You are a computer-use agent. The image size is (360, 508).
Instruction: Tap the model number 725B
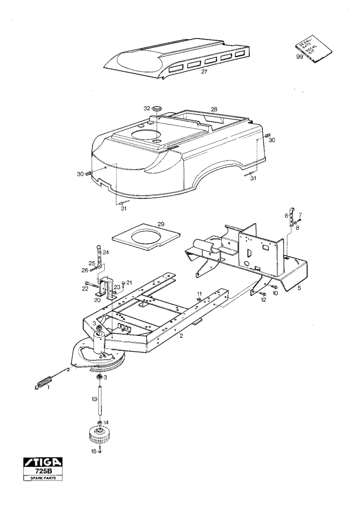(x=43, y=471)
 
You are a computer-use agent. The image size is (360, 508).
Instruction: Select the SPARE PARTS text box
(x=43, y=478)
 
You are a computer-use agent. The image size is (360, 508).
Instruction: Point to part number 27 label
(x=204, y=72)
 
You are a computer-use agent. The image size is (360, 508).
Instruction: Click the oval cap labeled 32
(x=158, y=108)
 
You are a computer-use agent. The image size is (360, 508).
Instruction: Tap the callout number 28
(x=214, y=110)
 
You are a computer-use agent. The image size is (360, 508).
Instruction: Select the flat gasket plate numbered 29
(x=145, y=237)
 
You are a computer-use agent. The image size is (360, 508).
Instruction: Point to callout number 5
(x=299, y=288)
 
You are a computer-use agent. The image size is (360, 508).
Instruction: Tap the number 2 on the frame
(x=182, y=336)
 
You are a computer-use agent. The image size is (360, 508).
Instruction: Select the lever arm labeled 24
(x=98, y=258)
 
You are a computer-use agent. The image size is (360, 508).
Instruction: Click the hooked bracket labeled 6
(x=291, y=217)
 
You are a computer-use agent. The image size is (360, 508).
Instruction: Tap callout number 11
(x=199, y=294)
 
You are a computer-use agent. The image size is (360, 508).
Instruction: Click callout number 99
(x=299, y=57)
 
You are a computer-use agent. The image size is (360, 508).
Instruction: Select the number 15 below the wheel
(x=94, y=451)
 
